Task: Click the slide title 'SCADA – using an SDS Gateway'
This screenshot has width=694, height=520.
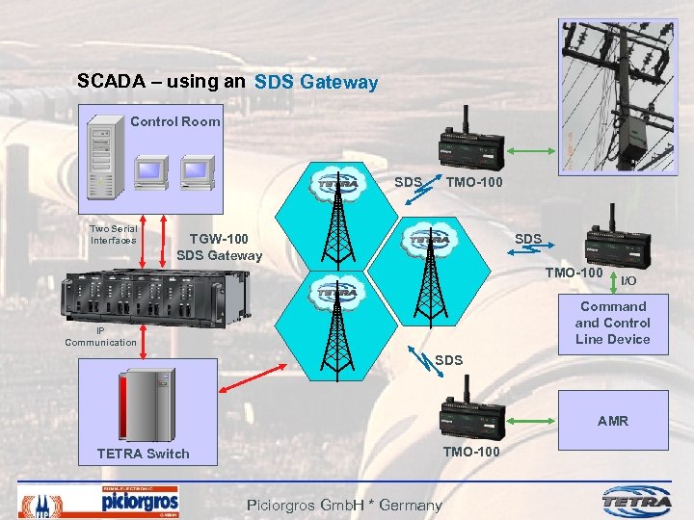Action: [227, 82]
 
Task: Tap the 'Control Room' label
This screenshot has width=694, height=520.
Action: [174, 121]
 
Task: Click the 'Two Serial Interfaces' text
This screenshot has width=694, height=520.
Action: [113, 234]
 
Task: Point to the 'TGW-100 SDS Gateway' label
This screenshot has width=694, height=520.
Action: [219, 247]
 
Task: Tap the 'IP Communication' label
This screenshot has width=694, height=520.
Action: [100, 336]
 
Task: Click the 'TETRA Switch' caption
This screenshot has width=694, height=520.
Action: [143, 454]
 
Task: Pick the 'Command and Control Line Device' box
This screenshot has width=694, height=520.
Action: [612, 323]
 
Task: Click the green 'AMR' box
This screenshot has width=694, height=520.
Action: [612, 420]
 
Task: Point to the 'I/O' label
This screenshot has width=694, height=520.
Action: [627, 280]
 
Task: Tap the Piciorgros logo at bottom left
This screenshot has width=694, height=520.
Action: [139, 501]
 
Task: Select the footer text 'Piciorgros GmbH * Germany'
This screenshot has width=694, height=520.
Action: [344, 505]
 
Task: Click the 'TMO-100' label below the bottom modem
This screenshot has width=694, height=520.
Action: [470, 451]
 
